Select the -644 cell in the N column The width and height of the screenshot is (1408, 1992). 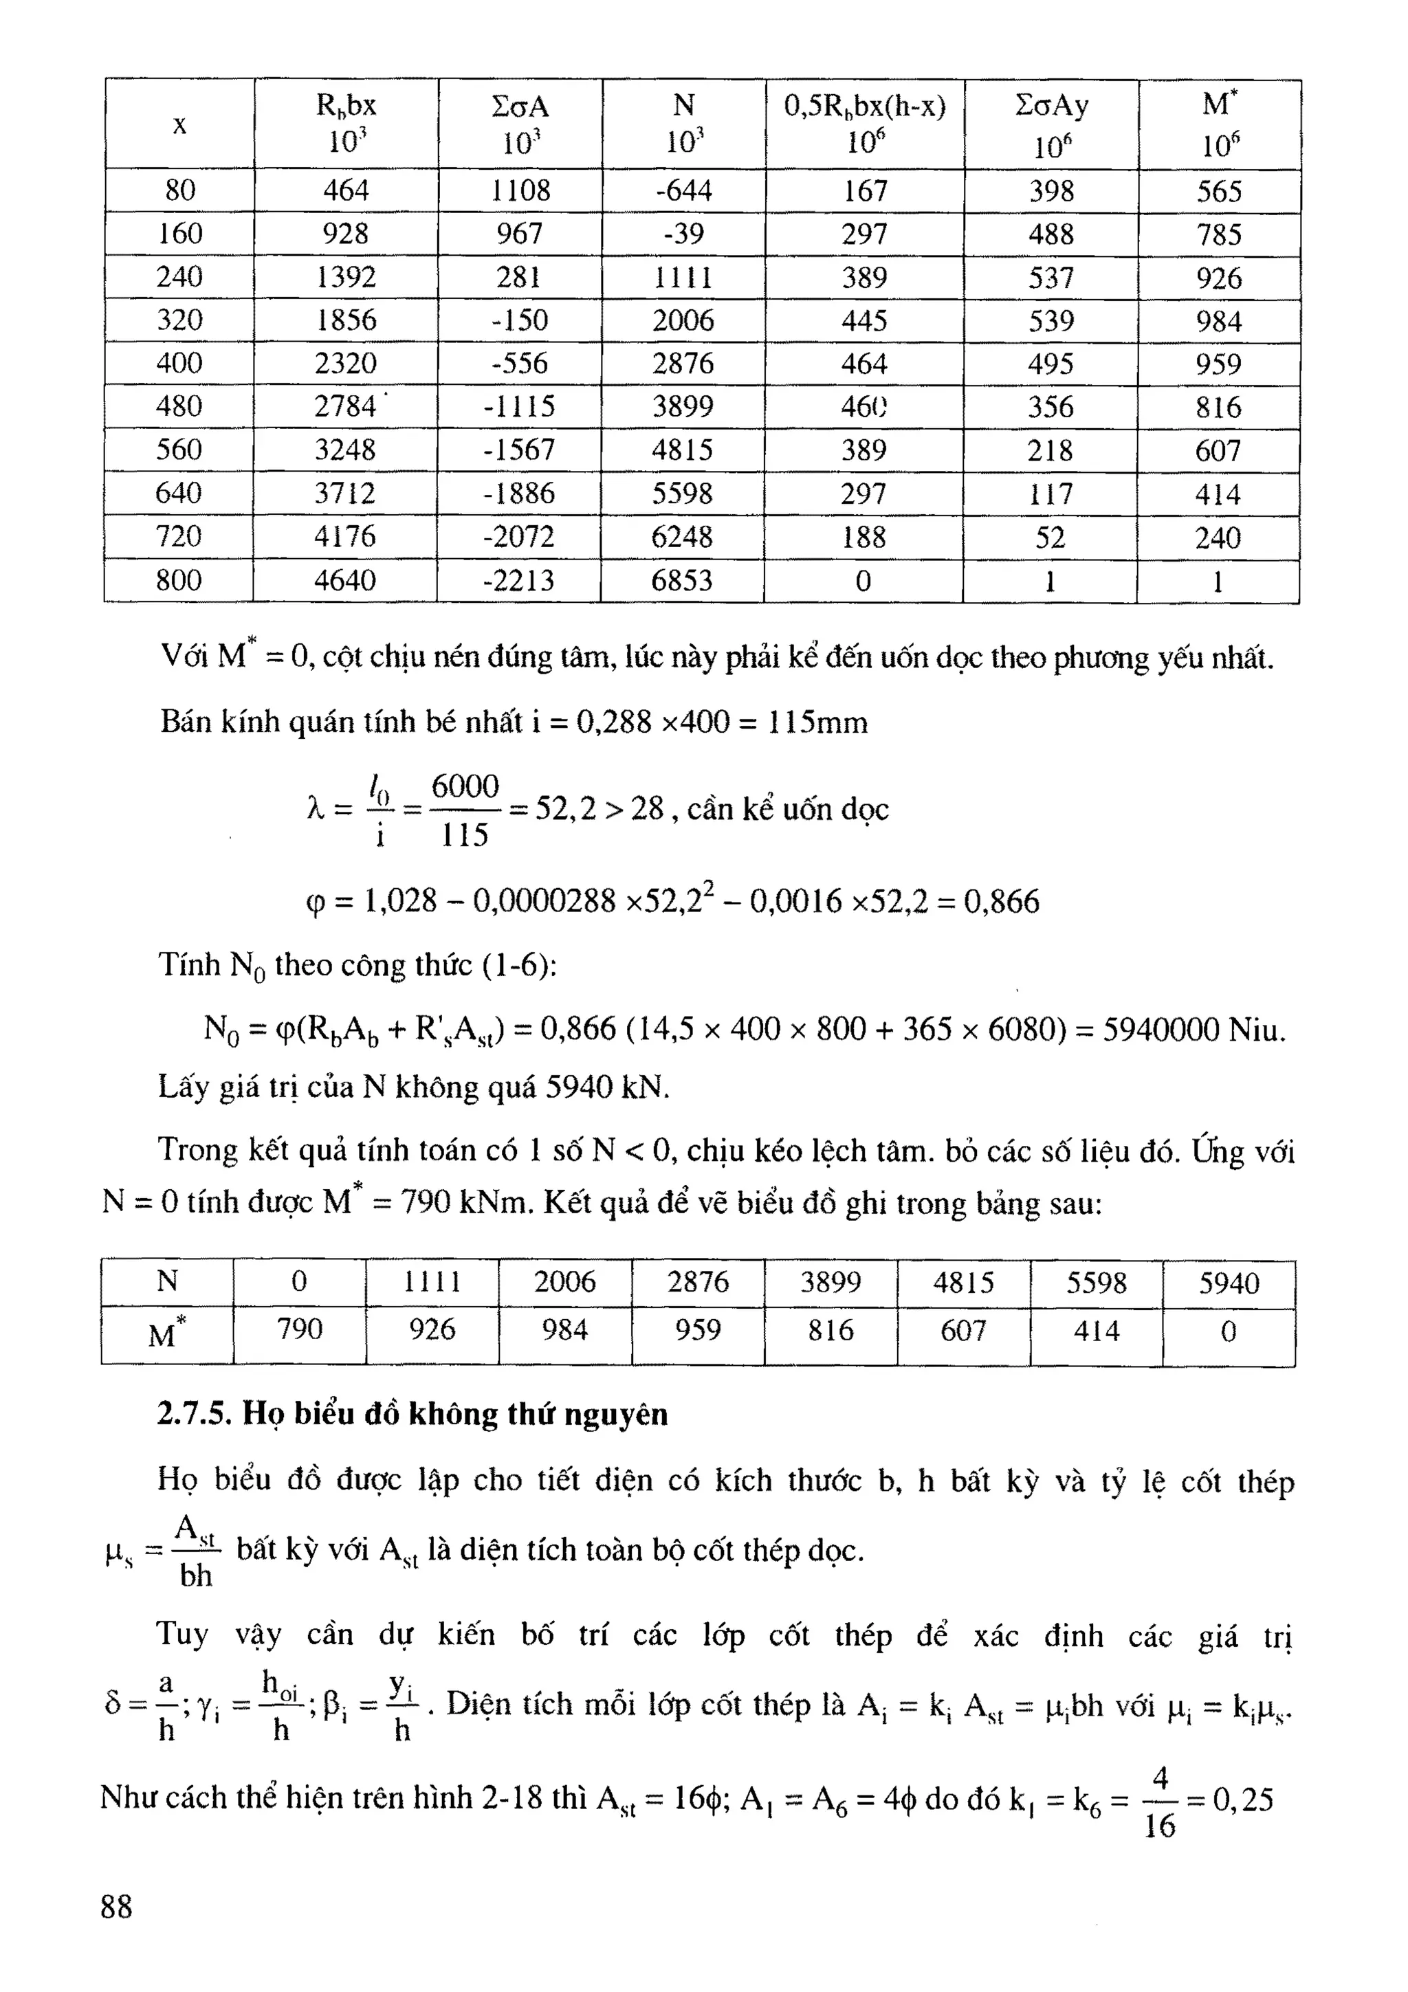[683, 191]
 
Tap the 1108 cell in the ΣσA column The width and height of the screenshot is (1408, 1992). [520, 191]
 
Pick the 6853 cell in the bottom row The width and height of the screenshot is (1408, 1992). [682, 580]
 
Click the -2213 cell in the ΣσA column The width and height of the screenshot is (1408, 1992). [519, 580]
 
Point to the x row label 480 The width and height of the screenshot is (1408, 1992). [179, 407]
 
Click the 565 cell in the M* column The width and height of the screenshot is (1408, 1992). [1219, 192]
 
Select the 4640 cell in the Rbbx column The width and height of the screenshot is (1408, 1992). [345, 580]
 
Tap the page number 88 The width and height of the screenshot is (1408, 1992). [117, 1907]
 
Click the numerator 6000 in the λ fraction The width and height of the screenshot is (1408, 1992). [465, 787]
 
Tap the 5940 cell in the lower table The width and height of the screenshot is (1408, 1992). [1229, 1283]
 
